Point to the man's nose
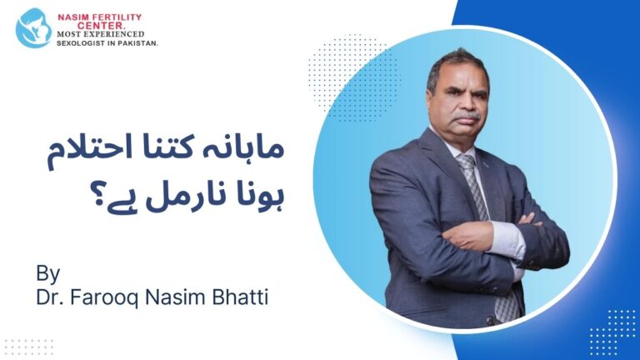point(471,102)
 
